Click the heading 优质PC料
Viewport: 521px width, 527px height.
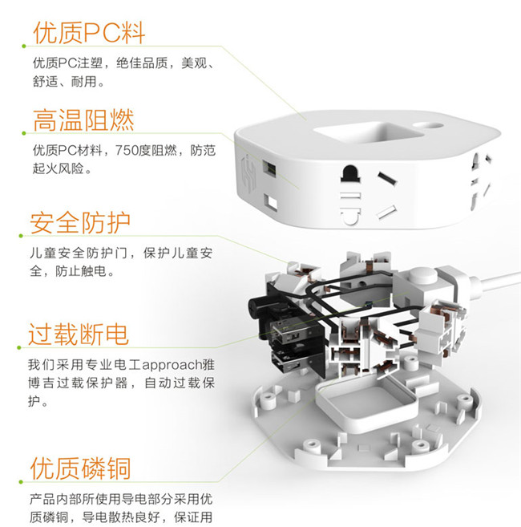click(x=89, y=33)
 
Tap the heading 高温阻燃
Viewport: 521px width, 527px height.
click(x=83, y=120)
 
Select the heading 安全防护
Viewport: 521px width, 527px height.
click(x=79, y=222)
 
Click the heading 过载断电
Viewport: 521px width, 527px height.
click(x=79, y=334)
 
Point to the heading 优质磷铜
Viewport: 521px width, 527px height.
click(x=80, y=468)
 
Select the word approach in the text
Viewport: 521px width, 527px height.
click(x=172, y=365)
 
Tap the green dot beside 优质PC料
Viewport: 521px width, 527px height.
click(x=24, y=46)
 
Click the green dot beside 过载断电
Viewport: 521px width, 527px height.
click(x=19, y=347)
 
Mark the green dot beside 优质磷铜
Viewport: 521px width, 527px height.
click(x=21, y=482)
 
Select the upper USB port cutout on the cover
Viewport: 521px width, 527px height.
click(x=269, y=168)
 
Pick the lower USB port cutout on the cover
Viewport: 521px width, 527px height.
click(x=270, y=202)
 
